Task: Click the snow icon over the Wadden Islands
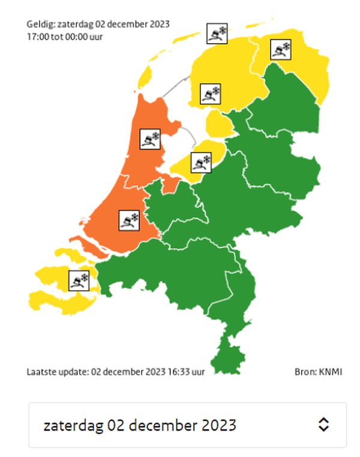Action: [x=217, y=34]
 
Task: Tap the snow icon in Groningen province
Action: [x=280, y=49]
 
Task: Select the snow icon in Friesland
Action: [x=209, y=94]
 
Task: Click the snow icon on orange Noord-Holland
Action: [x=149, y=139]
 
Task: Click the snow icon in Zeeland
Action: [x=79, y=280]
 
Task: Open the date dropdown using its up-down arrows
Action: [x=323, y=425]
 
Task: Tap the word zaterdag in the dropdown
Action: [x=73, y=425]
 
